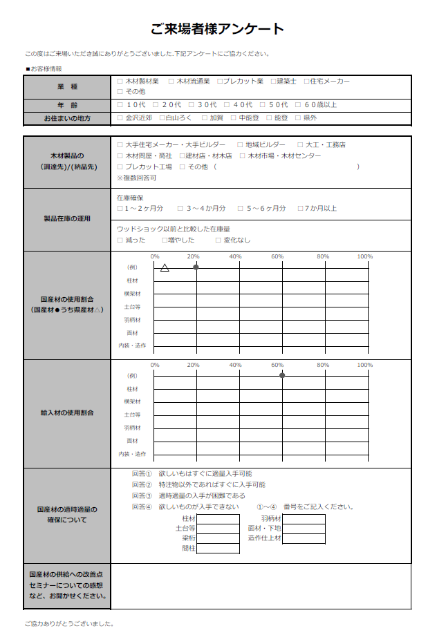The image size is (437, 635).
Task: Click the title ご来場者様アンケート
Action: [x=218, y=29]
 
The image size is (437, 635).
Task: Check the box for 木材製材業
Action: [x=120, y=82]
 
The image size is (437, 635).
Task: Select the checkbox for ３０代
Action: [x=192, y=105]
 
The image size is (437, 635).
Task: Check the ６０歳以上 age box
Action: [x=297, y=105]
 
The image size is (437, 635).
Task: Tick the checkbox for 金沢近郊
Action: [x=120, y=118]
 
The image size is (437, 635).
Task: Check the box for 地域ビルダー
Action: [x=240, y=145]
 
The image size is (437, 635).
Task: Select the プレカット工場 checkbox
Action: [x=120, y=167]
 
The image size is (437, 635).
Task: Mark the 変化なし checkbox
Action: [x=218, y=240]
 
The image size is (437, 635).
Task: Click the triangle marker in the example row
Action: [x=165, y=267]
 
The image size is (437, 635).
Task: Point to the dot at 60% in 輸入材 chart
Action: [x=282, y=375]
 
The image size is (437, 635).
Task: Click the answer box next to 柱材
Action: [x=218, y=519]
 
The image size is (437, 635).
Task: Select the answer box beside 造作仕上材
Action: [x=304, y=538]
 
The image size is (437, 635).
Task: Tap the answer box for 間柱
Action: [x=218, y=548]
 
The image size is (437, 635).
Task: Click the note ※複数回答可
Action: [x=137, y=178]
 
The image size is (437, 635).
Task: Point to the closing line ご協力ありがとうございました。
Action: [x=68, y=623]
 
